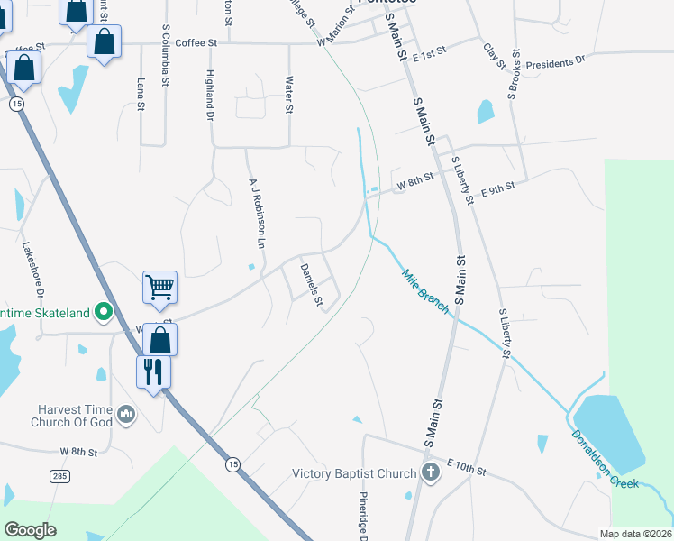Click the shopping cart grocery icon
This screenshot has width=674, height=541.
coord(159,288)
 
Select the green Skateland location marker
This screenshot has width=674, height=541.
coord(104,313)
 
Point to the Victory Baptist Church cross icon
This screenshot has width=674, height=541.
coord(430,472)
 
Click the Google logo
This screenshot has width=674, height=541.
coord(30,530)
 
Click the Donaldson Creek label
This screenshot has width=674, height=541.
coord(606,459)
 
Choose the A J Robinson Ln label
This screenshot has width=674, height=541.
coord(257,213)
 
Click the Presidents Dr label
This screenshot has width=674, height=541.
coord(555,63)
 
